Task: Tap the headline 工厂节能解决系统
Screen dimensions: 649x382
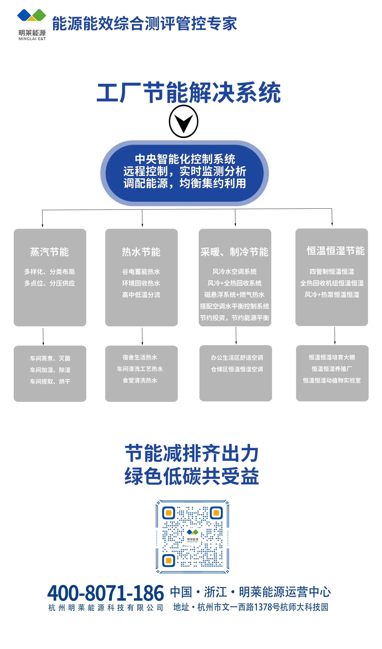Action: tap(188, 93)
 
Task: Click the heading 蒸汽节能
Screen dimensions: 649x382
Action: tap(49, 252)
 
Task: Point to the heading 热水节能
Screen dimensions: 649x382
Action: tap(141, 252)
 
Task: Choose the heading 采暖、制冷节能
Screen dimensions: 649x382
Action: tap(234, 252)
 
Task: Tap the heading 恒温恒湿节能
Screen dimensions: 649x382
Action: tap(335, 251)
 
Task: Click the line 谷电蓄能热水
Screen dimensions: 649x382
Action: tap(141, 272)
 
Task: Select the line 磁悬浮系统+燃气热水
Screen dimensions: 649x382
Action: tap(234, 295)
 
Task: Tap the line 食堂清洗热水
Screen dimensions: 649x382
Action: tap(140, 380)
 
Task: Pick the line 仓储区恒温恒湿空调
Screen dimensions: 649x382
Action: tap(237, 369)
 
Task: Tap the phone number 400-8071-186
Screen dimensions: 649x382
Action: tap(106, 593)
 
